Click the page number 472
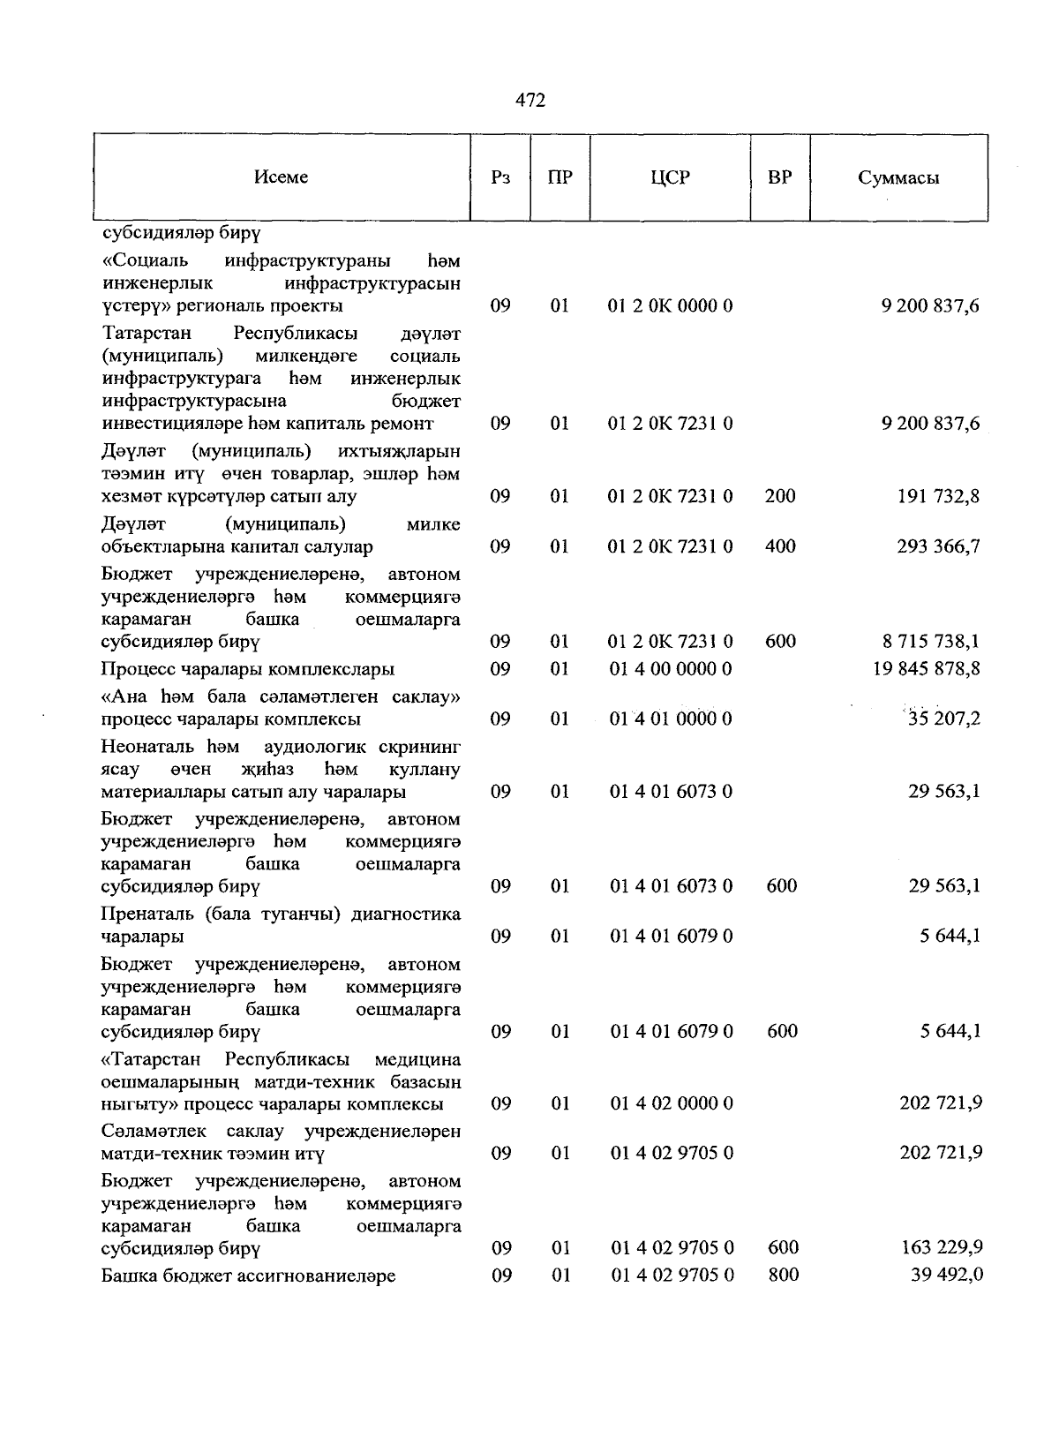coord(530,101)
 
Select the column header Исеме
coord(281,177)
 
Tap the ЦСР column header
coord(670,177)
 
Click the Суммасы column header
coord(898,178)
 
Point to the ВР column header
coord(779,177)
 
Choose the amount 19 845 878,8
coord(926,669)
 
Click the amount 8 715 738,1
coord(930,642)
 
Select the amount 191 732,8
coord(938,496)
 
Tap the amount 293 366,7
coord(938,546)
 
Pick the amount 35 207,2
coord(943,719)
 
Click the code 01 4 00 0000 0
coord(671,669)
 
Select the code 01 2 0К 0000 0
coord(671,306)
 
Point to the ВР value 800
coord(782,1276)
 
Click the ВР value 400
coord(780,546)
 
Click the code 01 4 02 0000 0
coord(671,1103)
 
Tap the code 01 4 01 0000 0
coord(671,719)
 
